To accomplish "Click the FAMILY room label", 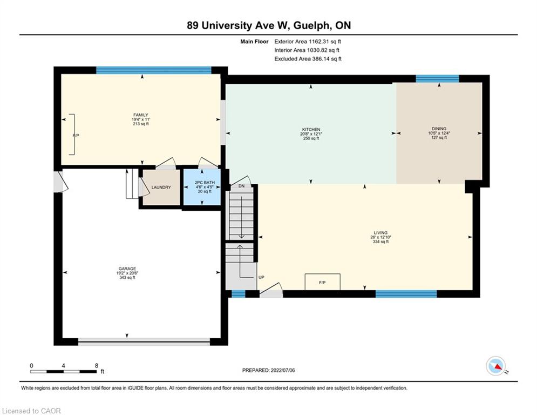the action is coord(141,115).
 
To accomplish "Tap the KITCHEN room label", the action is coord(311,129).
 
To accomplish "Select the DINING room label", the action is coord(439,129).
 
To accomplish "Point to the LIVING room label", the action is coord(380,232).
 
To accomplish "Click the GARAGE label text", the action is coord(127,269).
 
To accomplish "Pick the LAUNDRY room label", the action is coord(161,188).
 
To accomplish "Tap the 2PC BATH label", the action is coord(202,183).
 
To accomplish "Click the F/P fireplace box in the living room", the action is coord(322,282).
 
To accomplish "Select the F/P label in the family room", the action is coord(76,136).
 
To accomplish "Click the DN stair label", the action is coord(241,186).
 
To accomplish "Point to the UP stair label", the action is coord(261,277).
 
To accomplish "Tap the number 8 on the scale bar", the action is coord(97,366).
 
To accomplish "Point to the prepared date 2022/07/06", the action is coord(283,370).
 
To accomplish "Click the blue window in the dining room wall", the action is coord(437,78).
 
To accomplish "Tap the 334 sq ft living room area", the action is coord(380,242).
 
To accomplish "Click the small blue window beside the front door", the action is coord(239,294).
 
